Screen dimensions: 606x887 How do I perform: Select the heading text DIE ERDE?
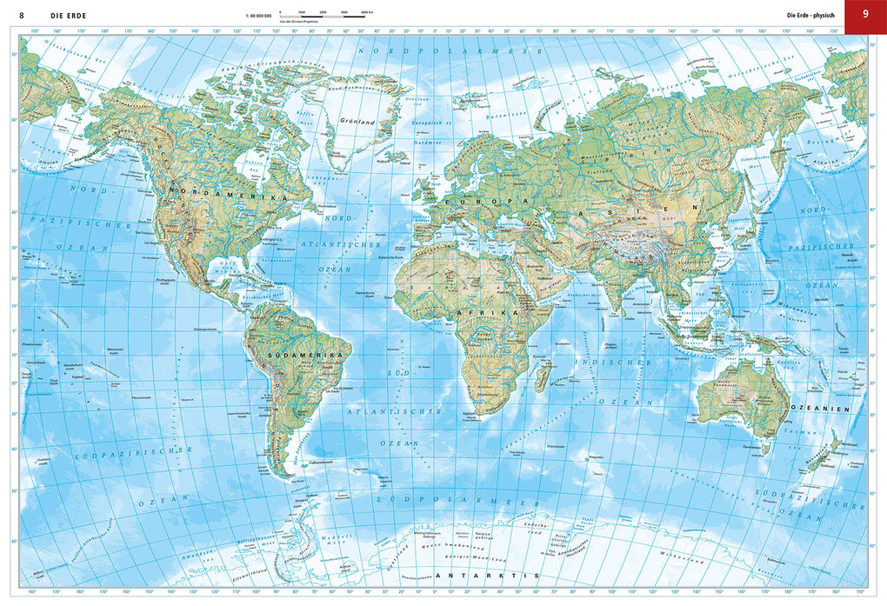pyautogui.click(x=68, y=14)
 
